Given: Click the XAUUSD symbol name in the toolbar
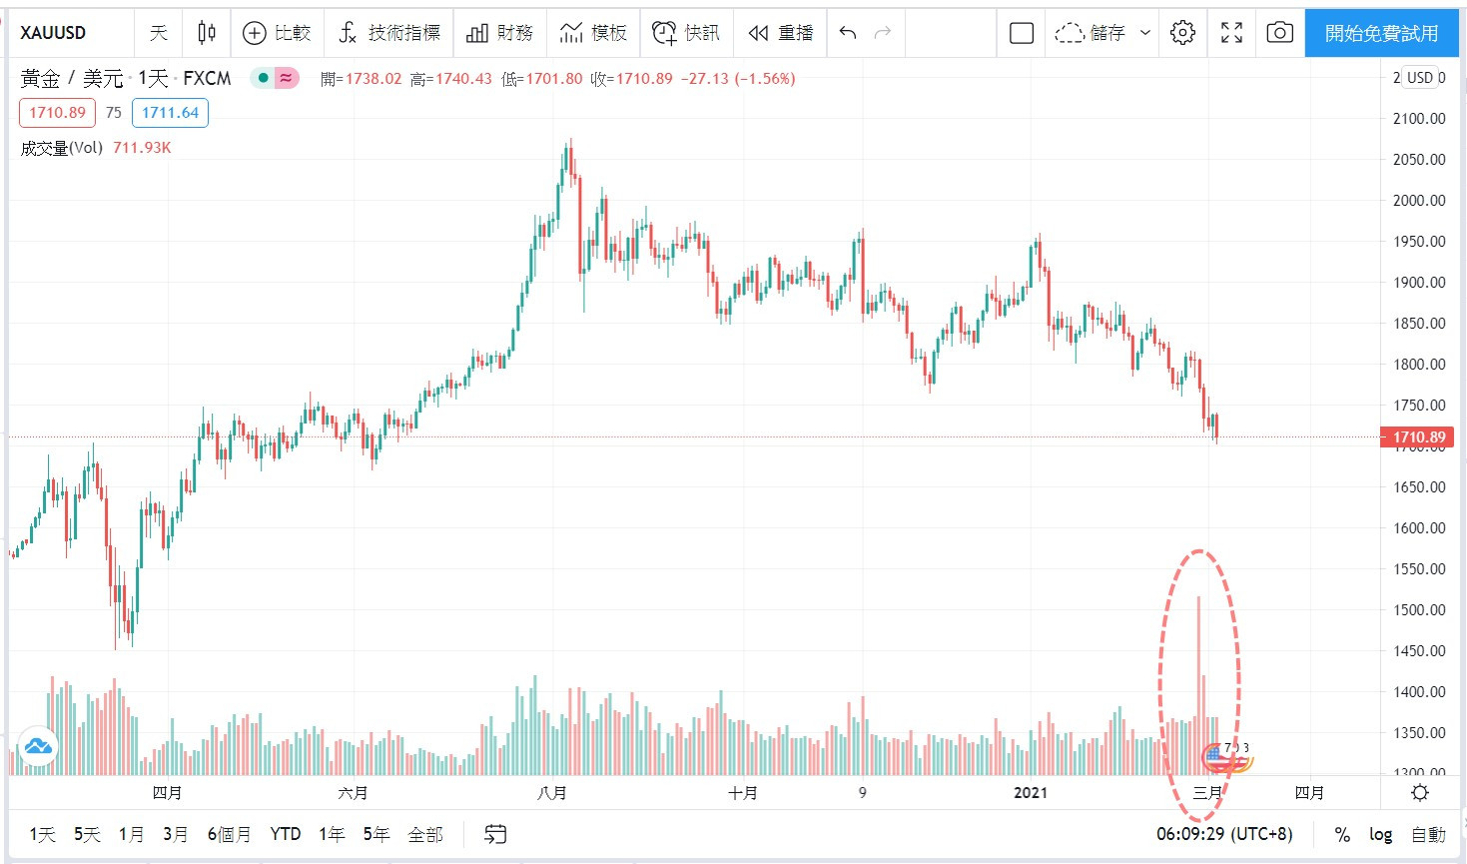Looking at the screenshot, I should tap(53, 33).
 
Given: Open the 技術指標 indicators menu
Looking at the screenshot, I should tap(389, 33).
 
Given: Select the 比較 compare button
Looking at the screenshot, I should tap(278, 33).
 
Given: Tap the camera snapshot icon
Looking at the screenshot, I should tap(1279, 33).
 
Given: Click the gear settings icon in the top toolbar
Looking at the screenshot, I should tap(1182, 33).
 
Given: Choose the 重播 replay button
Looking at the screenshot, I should tap(781, 33).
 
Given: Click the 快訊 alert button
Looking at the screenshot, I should tap(686, 33).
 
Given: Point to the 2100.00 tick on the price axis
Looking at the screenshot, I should tap(1419, 118).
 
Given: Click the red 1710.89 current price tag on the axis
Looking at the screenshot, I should tap(1417, 436).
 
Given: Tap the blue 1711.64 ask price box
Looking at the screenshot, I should tap(170, 113).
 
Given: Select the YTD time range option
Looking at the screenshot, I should tap(286, 834).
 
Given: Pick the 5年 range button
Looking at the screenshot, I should tap(375, 834).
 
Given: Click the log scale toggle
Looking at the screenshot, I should tap(1380, 834).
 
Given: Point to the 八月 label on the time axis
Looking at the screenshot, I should tap(551, 793).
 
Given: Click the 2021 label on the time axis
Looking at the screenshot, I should tap(1031, 793).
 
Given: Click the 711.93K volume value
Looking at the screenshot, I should tap(142, 148).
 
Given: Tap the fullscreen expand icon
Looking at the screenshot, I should tap(1231, 33).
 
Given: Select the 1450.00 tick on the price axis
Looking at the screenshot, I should tap(1419, 650).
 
